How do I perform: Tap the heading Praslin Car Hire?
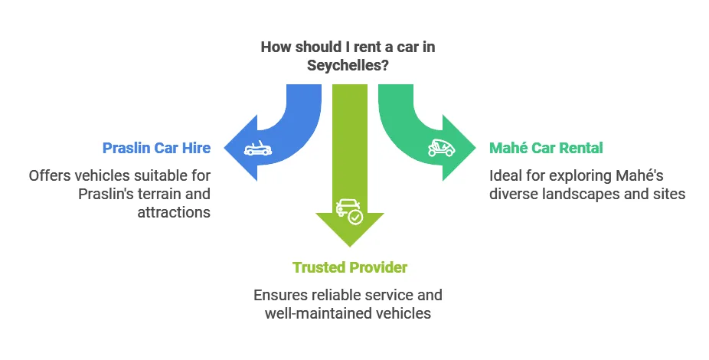point(156,147)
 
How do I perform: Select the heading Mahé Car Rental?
point(546,147)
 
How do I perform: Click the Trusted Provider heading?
point(350,267)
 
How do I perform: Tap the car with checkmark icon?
point(349,211)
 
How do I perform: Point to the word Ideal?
point(505,175)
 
